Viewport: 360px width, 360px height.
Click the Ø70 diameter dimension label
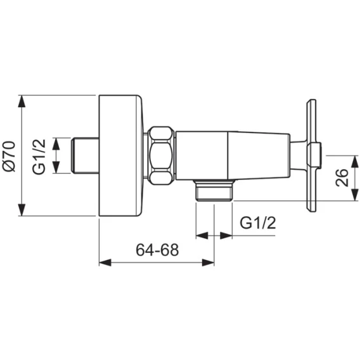(10, 157)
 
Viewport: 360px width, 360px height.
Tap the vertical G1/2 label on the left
(39, 157)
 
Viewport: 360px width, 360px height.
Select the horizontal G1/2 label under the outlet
(257, 222)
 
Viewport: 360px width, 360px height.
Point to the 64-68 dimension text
(157, 250)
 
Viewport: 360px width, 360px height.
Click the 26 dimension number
(342, 177)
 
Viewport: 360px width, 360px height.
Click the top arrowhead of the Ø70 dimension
(22, 101)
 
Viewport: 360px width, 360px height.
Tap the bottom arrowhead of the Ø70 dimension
(22, 210)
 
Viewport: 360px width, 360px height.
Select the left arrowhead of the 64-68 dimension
(105, 262)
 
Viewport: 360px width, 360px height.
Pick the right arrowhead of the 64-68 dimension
(208, 262)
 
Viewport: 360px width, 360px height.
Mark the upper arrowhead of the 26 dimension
(355, 162)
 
